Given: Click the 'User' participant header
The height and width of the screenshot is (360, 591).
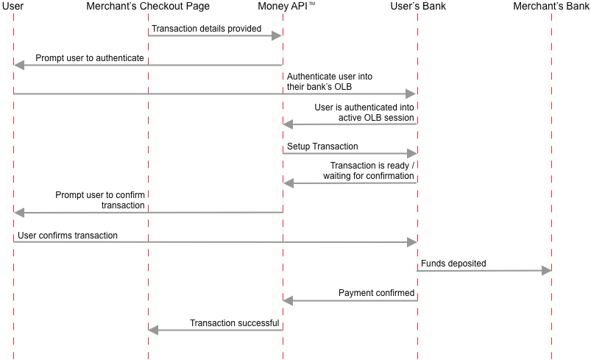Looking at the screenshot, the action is pyautogui.click(x=13, y=6).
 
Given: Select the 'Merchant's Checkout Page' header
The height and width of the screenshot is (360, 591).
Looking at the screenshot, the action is pyautogui.click(x=148, y=7).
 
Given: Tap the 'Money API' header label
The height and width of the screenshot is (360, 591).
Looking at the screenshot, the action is pyautogui.click(x=283, y=6).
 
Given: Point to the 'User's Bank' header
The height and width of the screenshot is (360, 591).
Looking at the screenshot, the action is pyautogui.click(x=418, y=6).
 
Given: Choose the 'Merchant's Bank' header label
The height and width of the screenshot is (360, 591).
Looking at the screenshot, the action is pyautogui.click(x=551, y=6).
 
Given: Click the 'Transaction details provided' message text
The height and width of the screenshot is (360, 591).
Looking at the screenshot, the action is pyautogui.click(x=207, y=29).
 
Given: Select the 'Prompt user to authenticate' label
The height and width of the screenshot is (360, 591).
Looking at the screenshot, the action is pyautogui.click(x=90, y=58).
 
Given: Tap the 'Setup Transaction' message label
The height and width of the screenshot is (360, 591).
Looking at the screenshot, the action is pyautogui.click(x=322, y=147).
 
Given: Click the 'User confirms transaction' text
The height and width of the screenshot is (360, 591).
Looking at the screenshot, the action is pyautogui.click(x=68, y=236).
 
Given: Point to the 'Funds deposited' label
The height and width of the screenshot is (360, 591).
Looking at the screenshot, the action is pyautogui.click(x=453, y=264).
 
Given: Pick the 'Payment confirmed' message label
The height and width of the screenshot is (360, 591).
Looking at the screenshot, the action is pyautogui.click(x=376, y=293).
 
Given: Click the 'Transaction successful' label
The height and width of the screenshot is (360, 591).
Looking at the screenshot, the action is pyautogui.click(x=235, y=323).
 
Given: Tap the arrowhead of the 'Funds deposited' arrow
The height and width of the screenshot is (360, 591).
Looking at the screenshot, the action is pyautogui.click(x=546, y=270).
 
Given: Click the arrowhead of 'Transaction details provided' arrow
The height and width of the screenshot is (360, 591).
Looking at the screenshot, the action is pyautogui.click(x=277, y=36).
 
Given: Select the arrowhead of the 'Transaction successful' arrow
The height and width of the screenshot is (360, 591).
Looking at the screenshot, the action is pyautogui.click(x=153, y=331).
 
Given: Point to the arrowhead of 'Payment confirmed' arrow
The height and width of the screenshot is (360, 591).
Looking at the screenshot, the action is pyautogui.click(x=288, y=300).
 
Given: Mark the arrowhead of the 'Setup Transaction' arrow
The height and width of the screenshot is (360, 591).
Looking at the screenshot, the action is pyautogui.click(x=411, y=153).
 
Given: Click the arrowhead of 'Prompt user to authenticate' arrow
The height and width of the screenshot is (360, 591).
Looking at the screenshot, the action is pyautogui.click(x=19, y=66).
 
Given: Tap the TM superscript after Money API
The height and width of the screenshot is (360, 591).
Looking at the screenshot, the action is pyautogui.click(x=312, y=4).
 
